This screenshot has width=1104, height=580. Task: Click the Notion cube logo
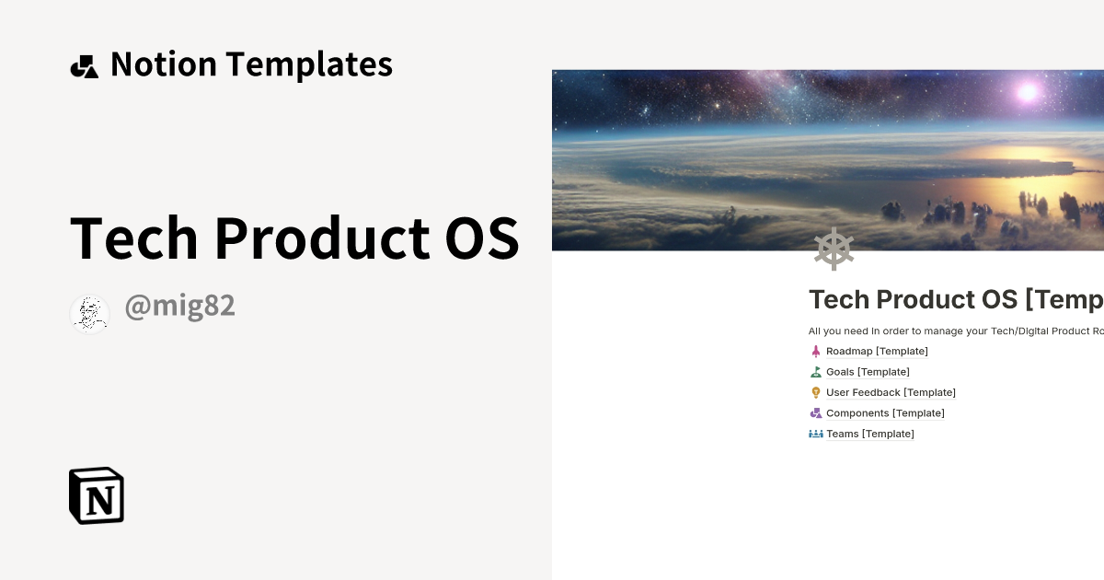[x=97, y=495]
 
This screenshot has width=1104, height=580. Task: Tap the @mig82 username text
[x=179, y=307]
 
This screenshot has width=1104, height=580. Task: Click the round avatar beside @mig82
[x=89, y=314]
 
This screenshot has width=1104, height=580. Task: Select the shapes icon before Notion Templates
[x=84, y=66]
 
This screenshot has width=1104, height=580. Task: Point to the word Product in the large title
[x=322, y=238]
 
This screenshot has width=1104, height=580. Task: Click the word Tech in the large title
[x=133, y=238]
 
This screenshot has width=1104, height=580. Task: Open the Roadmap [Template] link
[x=877, y=351]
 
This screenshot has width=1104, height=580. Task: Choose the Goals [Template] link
[x=868, y=372]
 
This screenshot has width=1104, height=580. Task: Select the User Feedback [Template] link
[x=891, y=392]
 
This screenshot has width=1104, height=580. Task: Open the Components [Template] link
[x=885, y=413]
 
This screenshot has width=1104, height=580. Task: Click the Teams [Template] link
[x=869, y=434]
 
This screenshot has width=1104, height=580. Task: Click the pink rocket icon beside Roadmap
[x=815, y=351]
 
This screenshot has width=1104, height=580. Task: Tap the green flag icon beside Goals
[x=815, y=372]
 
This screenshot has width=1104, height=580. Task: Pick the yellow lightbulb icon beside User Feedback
[x=815, y=392]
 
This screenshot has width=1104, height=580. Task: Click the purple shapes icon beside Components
[x=815, y=413]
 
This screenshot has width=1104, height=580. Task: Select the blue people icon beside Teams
[x=815, y=434]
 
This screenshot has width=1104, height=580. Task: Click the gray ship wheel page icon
[x=834, y=249]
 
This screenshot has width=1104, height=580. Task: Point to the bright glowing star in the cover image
[x=1027, y=91]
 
